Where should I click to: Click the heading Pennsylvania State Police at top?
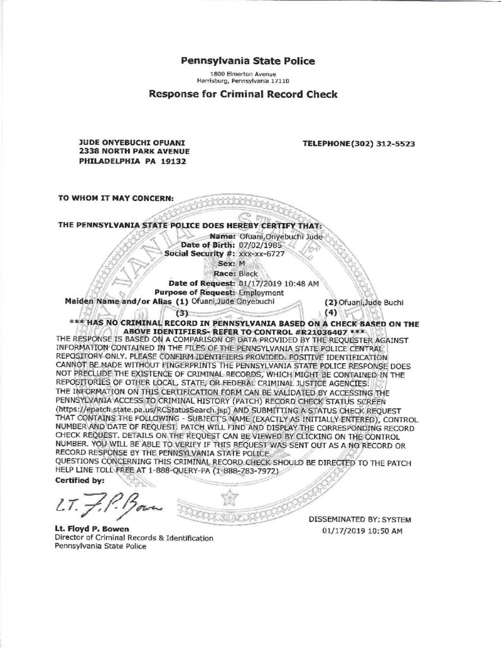248,61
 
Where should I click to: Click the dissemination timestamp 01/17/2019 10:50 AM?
362,531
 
